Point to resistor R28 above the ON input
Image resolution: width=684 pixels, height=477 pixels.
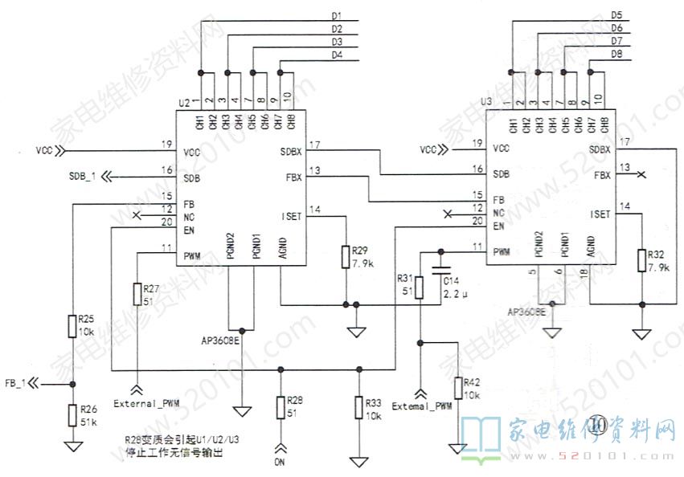coord(279,406)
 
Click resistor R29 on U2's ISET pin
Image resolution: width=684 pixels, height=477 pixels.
coord(345,257)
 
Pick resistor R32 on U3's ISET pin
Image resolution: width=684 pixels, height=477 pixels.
coord(641,260)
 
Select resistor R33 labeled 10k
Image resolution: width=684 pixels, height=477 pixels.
coord(358,408)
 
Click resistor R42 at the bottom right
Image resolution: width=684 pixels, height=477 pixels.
coord(458,388)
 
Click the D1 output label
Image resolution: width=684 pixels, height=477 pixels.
coord(337,16)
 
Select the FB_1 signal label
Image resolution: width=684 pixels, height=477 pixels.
coord(16,383)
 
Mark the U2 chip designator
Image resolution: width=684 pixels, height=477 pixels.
coord(183,104)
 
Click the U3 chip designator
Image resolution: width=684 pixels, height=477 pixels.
coord(485,102)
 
